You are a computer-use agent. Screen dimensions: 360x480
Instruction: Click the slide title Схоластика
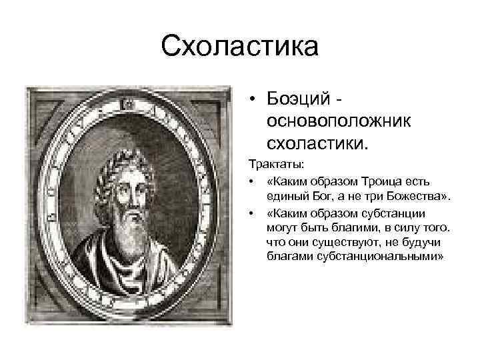pos(240,47)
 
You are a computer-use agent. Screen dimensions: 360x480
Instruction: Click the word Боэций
pos(297,99)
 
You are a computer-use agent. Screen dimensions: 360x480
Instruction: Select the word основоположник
pos(338,119)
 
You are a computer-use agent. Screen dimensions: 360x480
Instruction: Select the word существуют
pos(340,243)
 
